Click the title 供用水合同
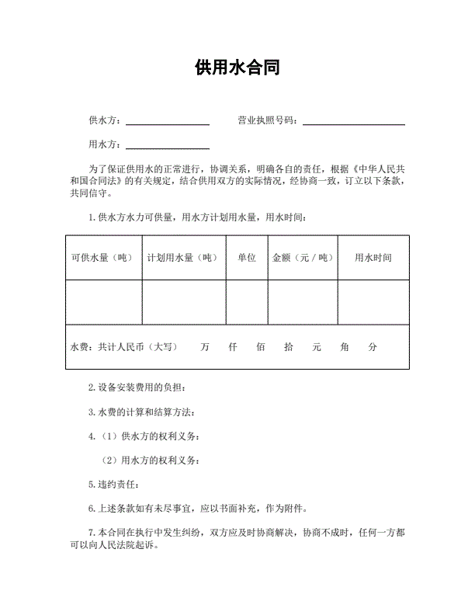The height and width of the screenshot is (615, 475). click(237, 68)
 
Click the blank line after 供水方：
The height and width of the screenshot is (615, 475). click(168, 123)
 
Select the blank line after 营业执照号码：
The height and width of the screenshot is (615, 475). click(354, 123)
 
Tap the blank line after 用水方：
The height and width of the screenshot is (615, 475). click(168, 147)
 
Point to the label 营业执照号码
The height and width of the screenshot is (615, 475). click(267, 120)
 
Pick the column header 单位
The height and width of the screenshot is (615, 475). click(247, 258)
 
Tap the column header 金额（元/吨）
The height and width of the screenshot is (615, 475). click(303, 258)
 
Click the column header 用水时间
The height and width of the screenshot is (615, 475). click(373, 258)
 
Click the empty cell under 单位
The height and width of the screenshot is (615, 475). click(247, 302)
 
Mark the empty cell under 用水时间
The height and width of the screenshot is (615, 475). click(373, 302)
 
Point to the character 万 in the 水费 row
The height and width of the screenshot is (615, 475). click(204, 347)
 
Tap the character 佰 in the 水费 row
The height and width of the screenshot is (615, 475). click(261, 347)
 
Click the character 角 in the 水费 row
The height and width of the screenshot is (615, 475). click(345, 347)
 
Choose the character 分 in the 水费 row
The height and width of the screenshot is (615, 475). click(373, 347)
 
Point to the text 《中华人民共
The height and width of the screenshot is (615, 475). click(379, 168)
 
